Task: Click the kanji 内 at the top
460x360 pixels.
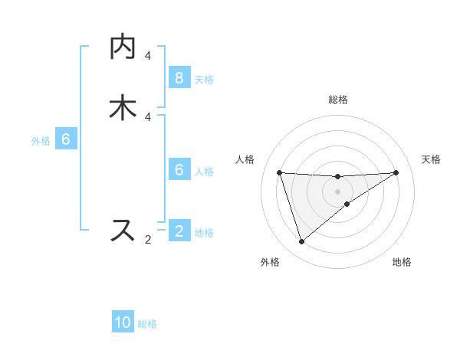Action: [123, 47]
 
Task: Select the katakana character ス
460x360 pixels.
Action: [123, 230]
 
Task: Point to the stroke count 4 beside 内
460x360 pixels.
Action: [148, 56]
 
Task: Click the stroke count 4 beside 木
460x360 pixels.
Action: [148, 116]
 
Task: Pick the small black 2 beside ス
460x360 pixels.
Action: [148, 240]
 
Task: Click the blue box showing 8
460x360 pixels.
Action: [179, 78]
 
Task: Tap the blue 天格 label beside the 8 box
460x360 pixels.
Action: [204, 80]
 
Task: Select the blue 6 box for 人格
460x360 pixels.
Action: [179, 170]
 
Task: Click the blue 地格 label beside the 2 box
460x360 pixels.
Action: [204, 233]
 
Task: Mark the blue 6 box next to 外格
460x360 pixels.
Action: [66, 139]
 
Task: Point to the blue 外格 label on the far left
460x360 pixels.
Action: [41, 141]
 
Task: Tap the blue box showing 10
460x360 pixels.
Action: [123, 322]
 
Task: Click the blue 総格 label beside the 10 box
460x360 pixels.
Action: [148, 324]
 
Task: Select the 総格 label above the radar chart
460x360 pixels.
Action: [338, 100]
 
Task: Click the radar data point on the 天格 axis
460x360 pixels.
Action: [396, 172]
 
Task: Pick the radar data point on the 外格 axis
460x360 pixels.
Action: [301, 242]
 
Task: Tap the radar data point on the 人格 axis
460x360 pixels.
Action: [279, 172]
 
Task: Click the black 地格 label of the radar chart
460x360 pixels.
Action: [402, 262]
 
